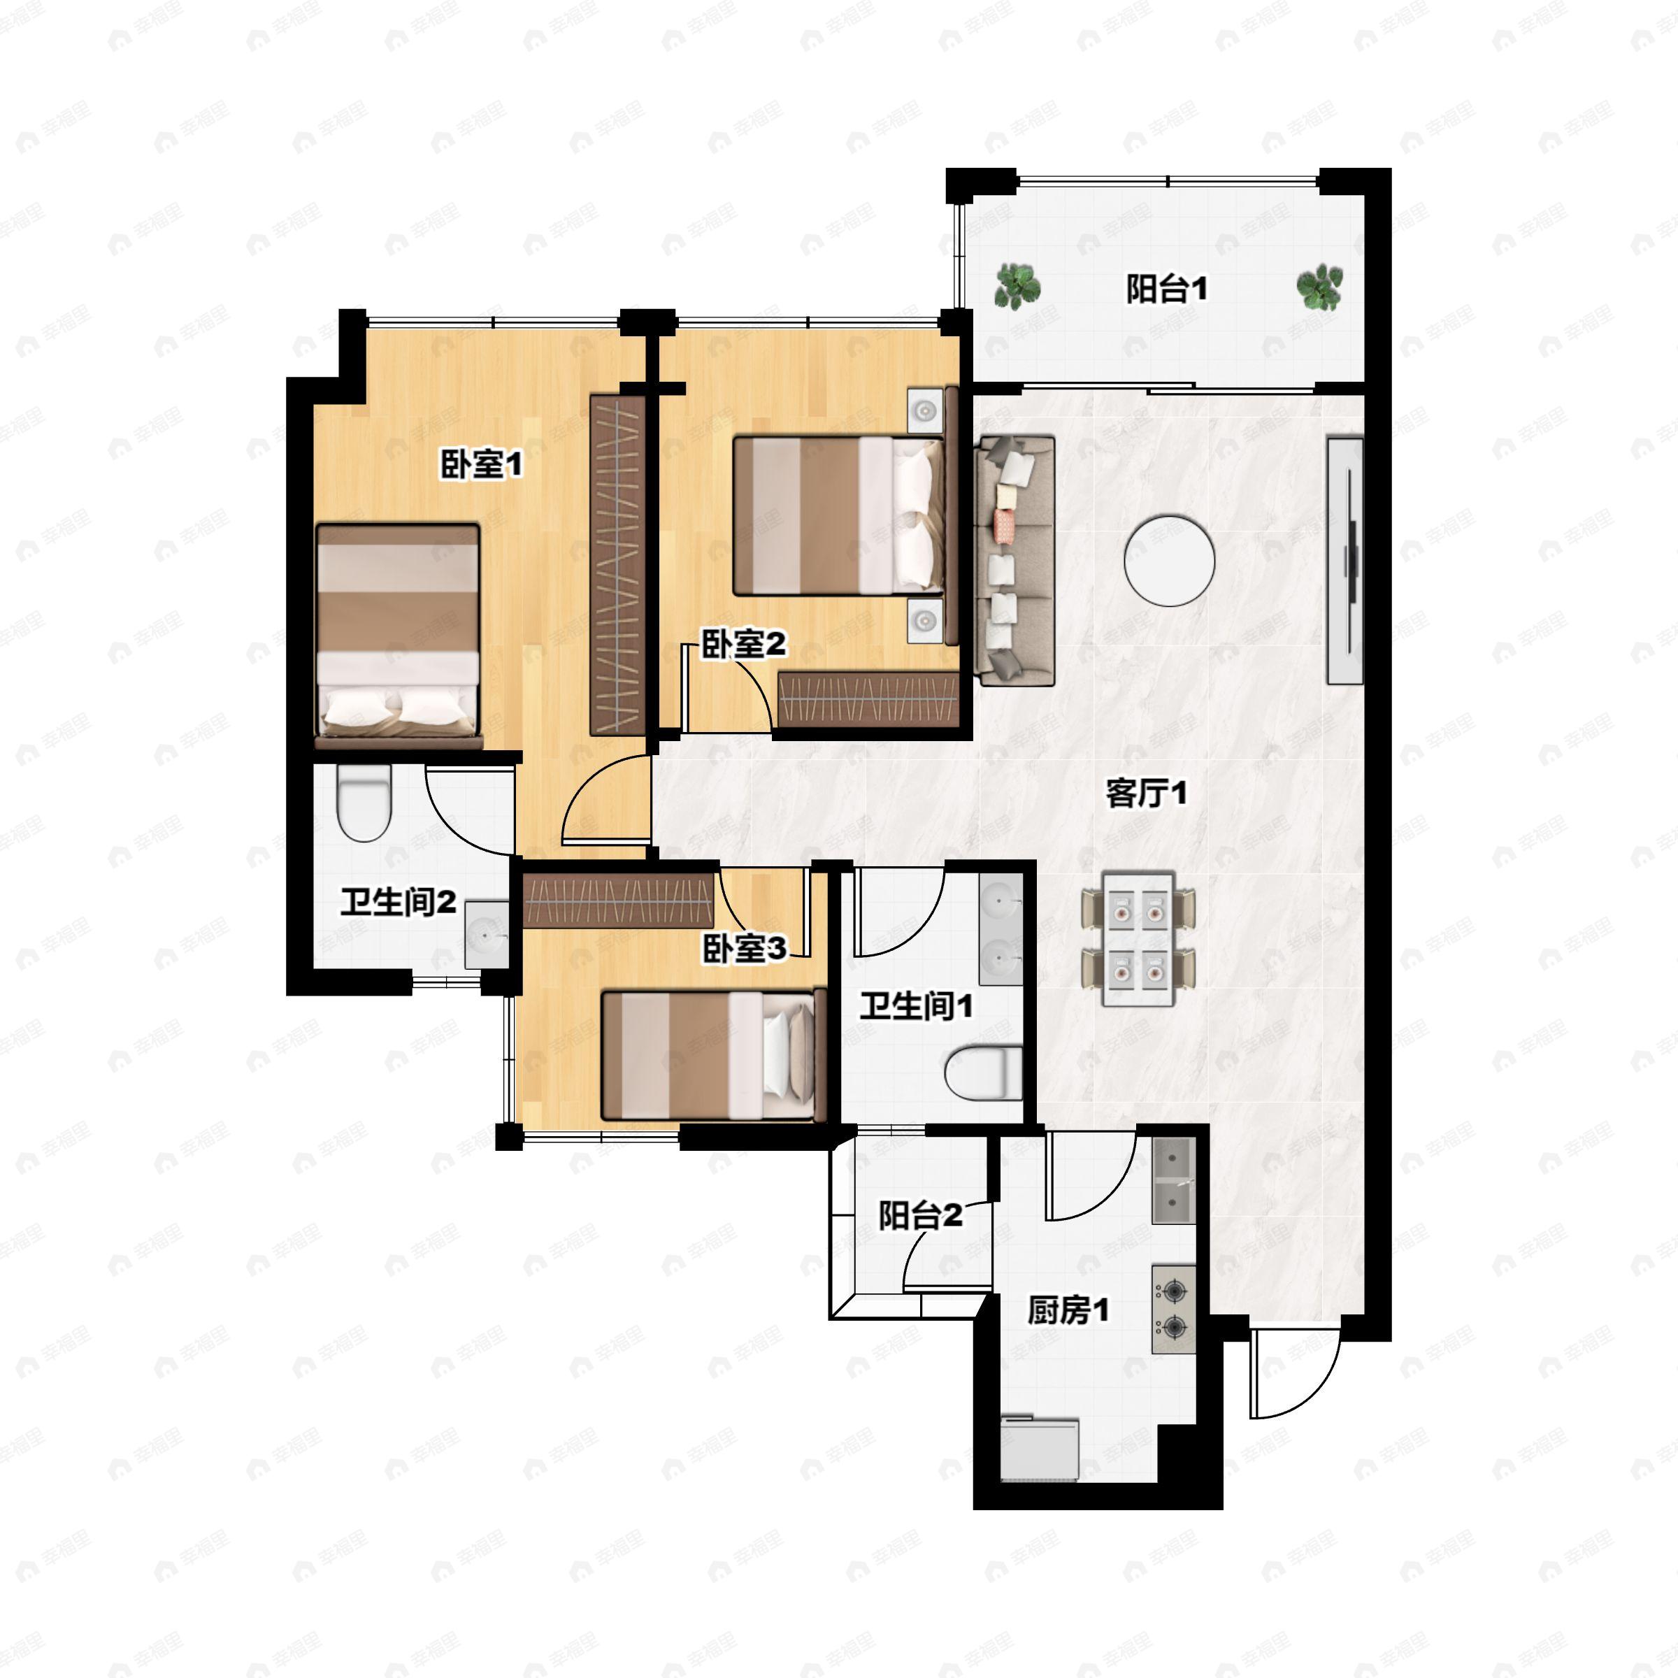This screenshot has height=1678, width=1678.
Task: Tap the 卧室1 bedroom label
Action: tap(482, 465)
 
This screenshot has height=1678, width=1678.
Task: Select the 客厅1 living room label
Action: tap(1146, 792)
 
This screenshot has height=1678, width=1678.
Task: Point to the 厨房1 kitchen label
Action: tap(1068, 1310)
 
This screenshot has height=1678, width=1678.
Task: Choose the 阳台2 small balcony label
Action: tap(921, 1215)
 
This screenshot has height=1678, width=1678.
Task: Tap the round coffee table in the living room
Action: tap(1169, 561)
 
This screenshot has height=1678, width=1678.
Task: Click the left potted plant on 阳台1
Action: tap(1017, 287)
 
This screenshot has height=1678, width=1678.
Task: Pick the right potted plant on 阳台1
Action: tap(1319, 287)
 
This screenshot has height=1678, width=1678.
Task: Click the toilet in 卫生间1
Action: tap(982, 1073)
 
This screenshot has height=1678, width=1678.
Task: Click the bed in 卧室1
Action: tap(398, 635)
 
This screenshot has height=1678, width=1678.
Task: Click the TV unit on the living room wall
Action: tap(1345, 561)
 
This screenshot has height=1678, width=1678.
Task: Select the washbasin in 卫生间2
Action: tap(487, 935)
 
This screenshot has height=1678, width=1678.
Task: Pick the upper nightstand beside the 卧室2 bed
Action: tap(925, 410)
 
